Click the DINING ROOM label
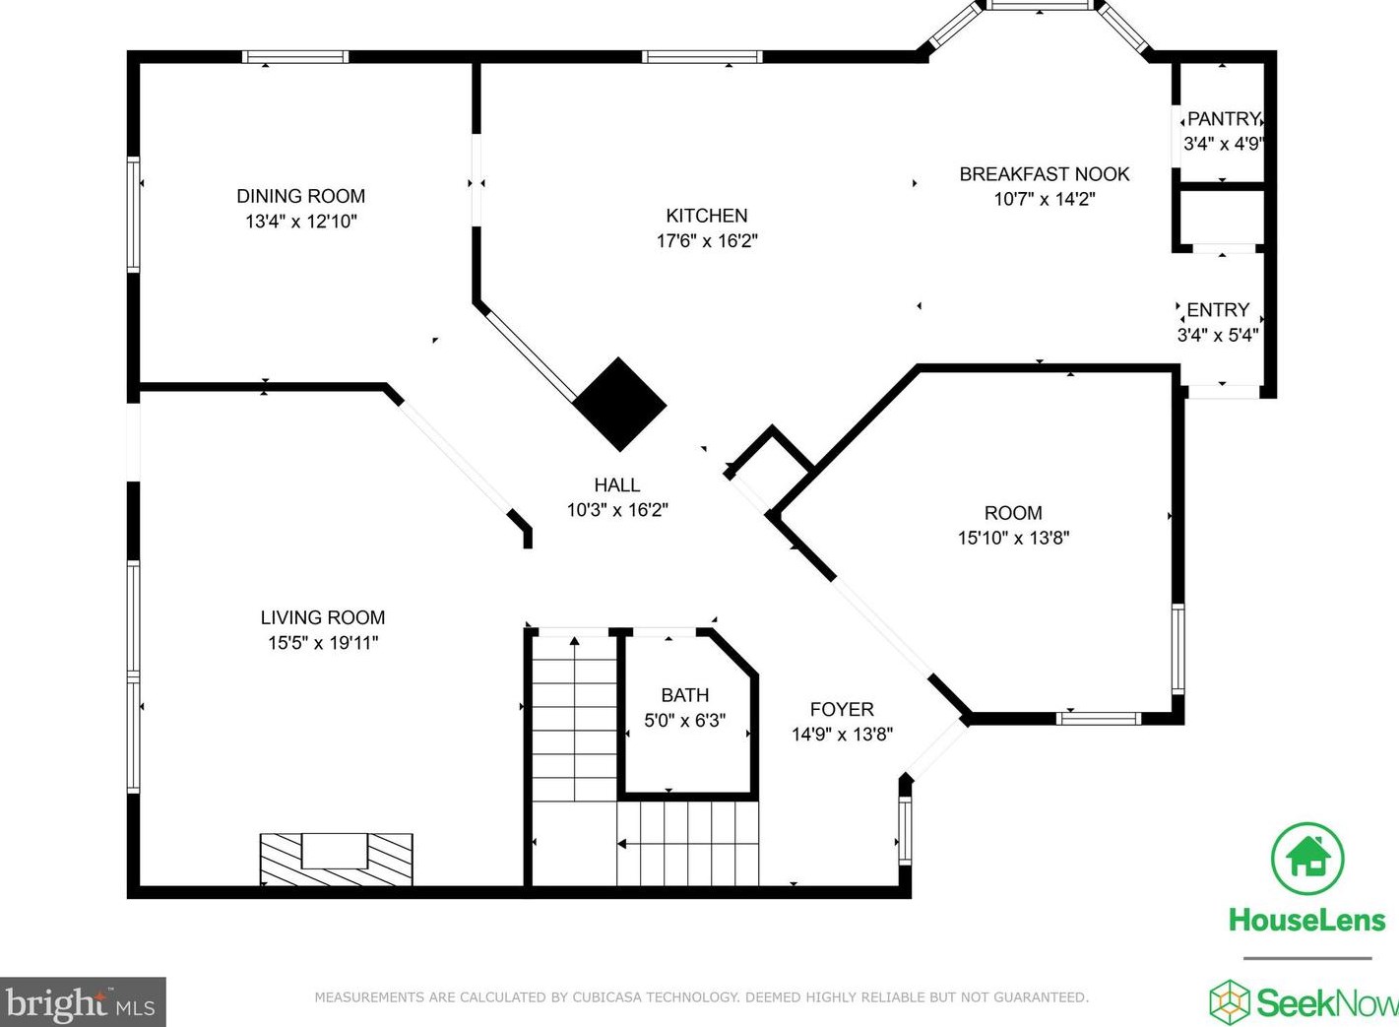pos(300,196)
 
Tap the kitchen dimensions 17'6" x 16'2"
pos(706,240)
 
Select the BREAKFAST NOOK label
pos(1045,174)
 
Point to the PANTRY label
pos(1224,119)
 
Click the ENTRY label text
pos(1218,310)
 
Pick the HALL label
pos(617,484)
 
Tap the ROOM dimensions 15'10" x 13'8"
pos(1014,538)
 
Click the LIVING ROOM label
pos(323,617)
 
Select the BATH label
pos(685,695)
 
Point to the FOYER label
pos(842,709)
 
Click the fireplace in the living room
pos(336,859)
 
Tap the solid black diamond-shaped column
pos(619,404)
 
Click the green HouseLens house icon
pos(1307,858)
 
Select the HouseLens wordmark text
pos(1307,921)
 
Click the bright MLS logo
pos(83,1002)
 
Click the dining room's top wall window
pos(295,57)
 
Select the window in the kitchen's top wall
pos(702,57)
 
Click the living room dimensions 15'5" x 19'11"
pos(323,643)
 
